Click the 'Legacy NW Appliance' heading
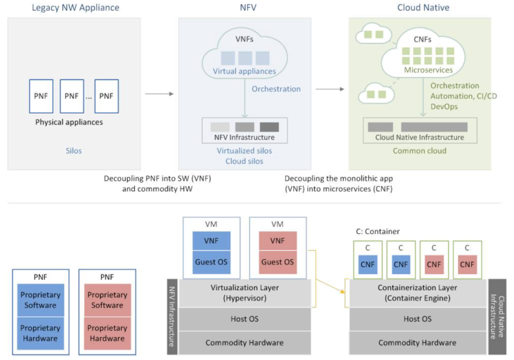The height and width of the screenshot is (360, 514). point(75,8)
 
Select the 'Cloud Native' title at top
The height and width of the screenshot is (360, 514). point(423,8)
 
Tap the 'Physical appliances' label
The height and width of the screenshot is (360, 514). point(69,122)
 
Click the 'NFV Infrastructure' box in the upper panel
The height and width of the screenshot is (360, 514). point(244,130)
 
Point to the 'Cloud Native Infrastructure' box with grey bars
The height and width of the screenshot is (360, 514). point(420,130)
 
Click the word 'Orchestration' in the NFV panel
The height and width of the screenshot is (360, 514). point(276,89)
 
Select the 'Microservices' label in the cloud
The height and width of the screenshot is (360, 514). point(428,70)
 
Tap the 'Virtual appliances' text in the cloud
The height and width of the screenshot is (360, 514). point(244,71)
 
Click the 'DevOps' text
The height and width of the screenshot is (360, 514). point(444,107)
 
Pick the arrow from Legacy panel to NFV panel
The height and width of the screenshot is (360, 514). point(159,94)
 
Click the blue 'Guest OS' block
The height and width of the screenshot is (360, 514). point(211,262)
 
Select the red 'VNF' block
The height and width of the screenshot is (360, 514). point(277,241)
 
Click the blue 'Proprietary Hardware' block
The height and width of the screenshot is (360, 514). point(40,333)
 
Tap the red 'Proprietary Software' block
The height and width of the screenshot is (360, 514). point(107,300)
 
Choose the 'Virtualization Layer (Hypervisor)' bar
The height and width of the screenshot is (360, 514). point(244,293)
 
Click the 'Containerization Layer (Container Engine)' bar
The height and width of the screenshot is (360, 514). point(417,293)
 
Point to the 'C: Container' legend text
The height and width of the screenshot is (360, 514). point(378,231)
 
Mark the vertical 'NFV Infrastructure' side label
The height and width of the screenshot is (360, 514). point(172,316)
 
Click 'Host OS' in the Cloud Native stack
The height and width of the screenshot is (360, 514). point(417,319)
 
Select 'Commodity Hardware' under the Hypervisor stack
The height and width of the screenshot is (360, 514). point(244,343)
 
